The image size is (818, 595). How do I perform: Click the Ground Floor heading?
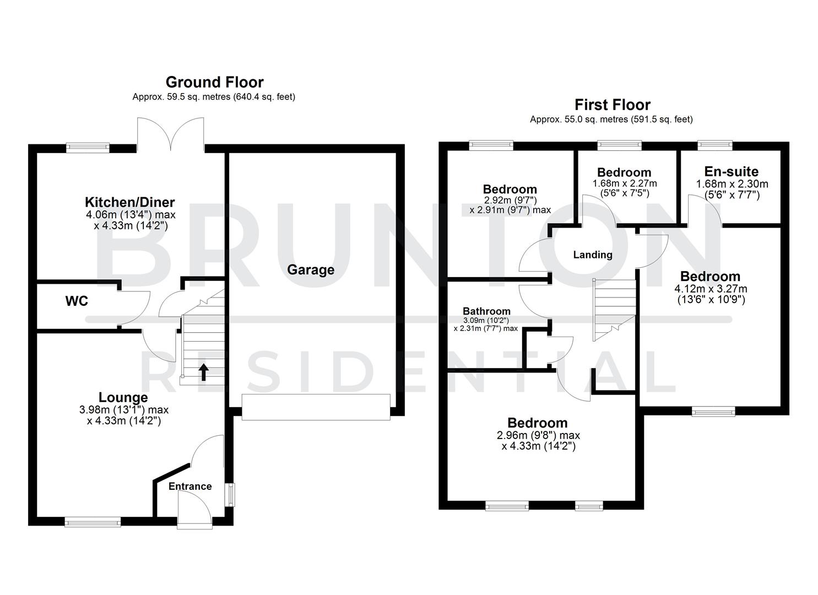pos(214,83)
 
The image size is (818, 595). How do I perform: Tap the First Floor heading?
pos(612,105)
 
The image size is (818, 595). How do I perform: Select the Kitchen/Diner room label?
pos(129,202)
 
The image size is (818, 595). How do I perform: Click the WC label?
pos(77,301)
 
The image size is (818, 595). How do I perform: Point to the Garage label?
pos(311,270)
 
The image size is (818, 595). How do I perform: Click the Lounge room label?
pos(123,397)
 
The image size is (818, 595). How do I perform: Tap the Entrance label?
pos(190,486)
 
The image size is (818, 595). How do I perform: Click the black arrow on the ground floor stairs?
pos(203,372)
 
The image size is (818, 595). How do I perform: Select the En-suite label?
pos(731,171)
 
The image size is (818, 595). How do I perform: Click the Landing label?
pos(593,255)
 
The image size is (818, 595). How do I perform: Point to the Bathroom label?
pos(486,311)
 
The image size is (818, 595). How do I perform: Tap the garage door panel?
pos(316,407)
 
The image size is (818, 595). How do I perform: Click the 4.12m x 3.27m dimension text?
pos(711,289)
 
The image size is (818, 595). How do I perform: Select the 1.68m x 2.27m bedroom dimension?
pos(625,183)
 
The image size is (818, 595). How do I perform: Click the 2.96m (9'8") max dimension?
pos(538,435)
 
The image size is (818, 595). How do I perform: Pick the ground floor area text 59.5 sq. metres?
pos(214,97)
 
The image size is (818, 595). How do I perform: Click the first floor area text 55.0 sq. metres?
pos(611,120)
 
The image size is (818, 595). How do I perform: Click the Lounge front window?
pos(93,521)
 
